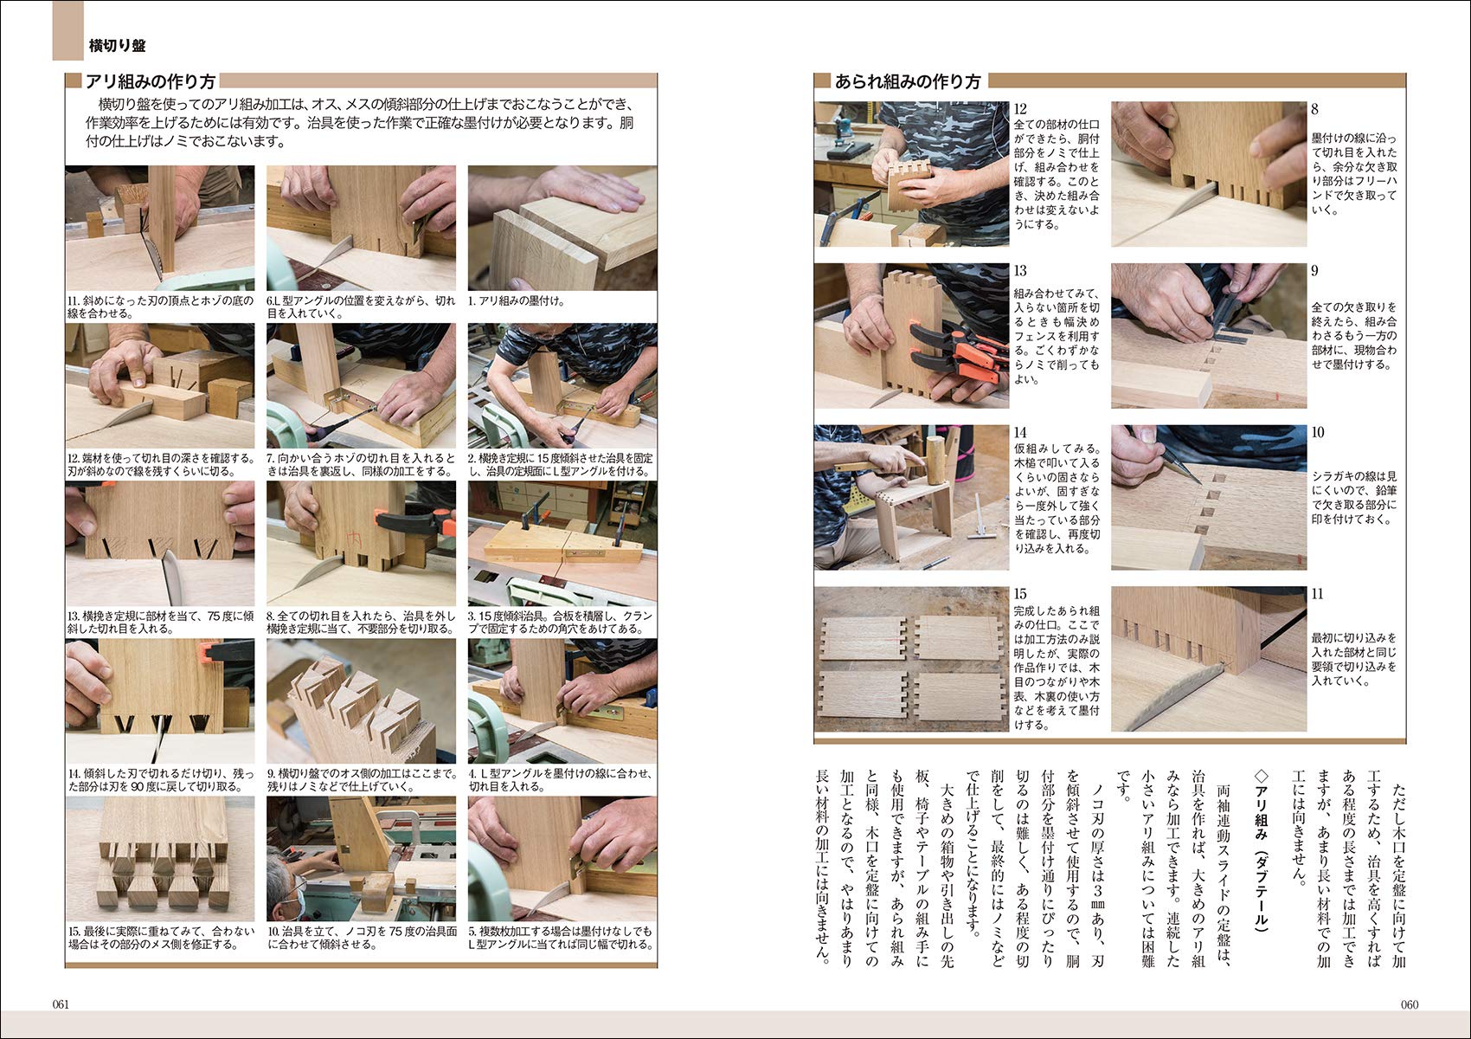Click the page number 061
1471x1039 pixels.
coord(61,1004)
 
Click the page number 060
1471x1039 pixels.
coord(1410,1004)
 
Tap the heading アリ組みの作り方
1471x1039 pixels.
coord(151,81)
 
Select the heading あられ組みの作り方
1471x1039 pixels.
coord(908,81)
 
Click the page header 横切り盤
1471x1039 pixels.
coord(117,46)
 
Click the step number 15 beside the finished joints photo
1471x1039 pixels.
coord(1020,594)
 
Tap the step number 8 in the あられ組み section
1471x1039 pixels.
coord(1314,109)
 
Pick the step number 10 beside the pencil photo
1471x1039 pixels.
coord(1318,432)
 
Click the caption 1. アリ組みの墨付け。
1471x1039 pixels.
coord(517,301)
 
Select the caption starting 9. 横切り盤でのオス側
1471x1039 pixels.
coord(361,780)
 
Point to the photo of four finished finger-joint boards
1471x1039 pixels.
coord(911,659)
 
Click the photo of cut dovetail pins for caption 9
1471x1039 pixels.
coord(361,700)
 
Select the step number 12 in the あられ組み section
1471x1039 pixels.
coord(1020,109)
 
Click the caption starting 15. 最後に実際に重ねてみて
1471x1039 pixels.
coord(161,938)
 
